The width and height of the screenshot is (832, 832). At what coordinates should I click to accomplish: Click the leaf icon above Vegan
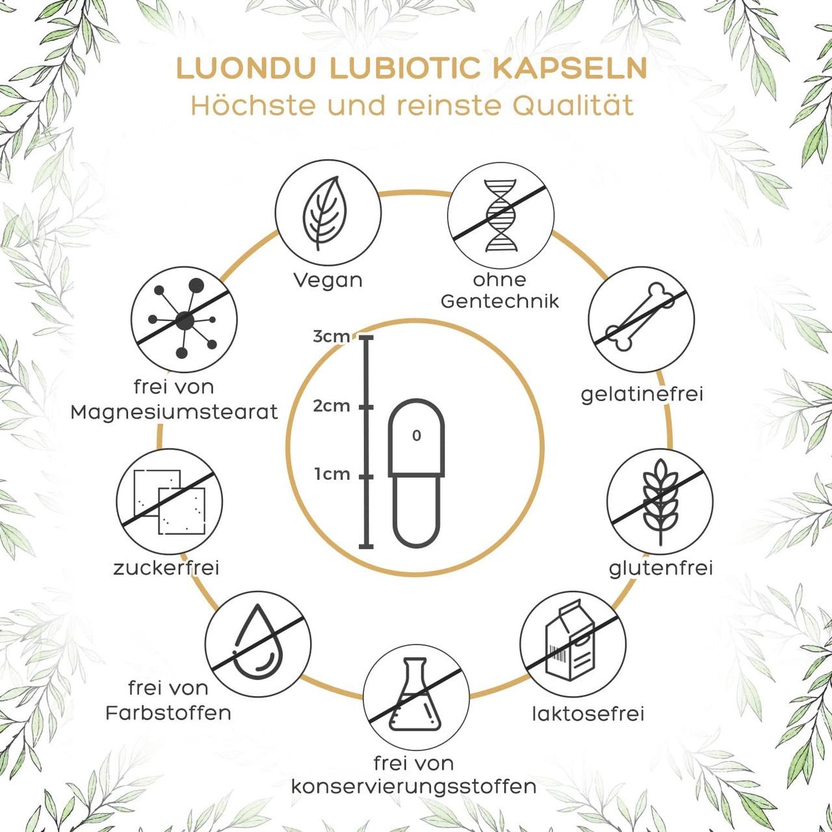(327, 214)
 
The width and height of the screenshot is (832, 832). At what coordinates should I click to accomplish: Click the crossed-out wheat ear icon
(659, 500)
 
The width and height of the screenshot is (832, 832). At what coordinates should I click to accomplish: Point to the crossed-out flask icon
(415, 694)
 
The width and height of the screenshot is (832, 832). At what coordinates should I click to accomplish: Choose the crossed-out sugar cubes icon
(169, 500)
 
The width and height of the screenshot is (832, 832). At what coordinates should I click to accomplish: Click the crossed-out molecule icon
(184, 318)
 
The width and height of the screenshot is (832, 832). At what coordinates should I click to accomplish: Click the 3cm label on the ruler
(331, 337)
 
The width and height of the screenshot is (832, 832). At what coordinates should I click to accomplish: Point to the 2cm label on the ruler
(331, 406)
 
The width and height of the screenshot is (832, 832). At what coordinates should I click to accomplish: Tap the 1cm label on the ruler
(332, 474)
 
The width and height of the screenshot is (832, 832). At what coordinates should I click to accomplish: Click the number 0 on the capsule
(417, 435)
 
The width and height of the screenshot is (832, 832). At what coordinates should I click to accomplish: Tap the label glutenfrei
(660, 568)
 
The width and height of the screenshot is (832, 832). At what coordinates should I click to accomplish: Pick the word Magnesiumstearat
(174, 411)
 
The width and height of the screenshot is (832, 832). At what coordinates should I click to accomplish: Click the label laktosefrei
(588, 714)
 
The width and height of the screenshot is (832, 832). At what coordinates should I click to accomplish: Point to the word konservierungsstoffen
(413, 786)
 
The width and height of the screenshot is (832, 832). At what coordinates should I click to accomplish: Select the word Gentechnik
(499, 302)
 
